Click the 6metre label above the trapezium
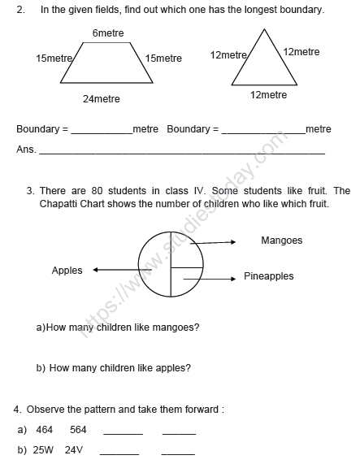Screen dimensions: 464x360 [107, 33]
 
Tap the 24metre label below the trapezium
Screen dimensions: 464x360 [101, 99]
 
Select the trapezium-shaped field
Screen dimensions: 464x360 [106, 66]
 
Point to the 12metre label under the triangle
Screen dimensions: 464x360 [268, 95]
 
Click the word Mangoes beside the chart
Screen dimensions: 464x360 [281, 241]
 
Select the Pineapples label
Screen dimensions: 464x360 [268, 277]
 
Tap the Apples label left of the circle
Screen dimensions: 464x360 [67, 271]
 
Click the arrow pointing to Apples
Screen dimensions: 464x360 [114, 271]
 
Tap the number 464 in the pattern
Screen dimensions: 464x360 [44, 430]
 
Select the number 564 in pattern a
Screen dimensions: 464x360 [78, 430]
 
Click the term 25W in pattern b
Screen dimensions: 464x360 [43, 449]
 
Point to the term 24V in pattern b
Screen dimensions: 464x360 [75, 449]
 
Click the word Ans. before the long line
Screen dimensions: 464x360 [26, 150]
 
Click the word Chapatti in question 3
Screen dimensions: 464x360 [59, 204]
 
